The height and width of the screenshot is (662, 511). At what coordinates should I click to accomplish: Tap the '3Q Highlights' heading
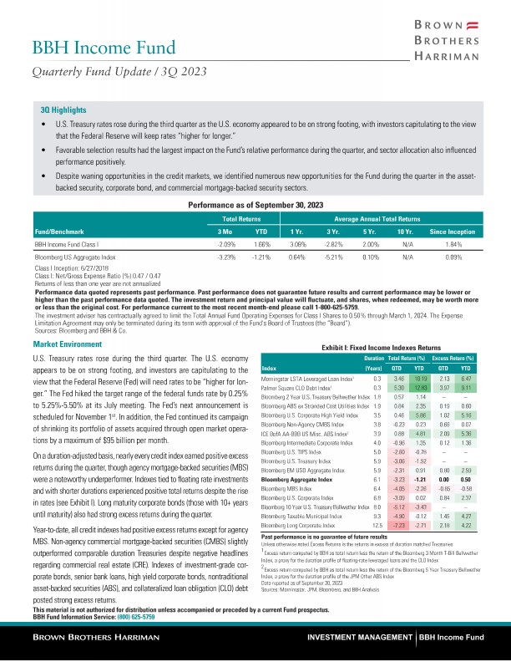(x=53, y=109)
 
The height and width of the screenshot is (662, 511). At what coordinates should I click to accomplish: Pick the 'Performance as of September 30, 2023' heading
(x=255, y=204)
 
